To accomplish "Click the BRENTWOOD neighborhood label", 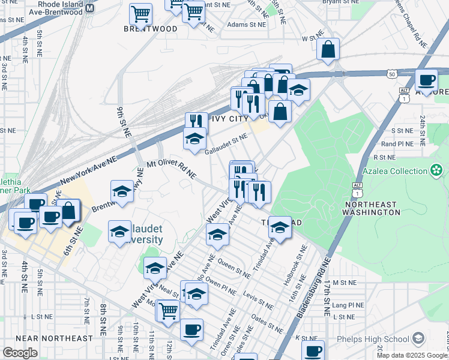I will (x=151, y=29).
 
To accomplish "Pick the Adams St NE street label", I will (x=246, y=25).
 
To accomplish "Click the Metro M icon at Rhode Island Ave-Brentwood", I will (x=89, y=8).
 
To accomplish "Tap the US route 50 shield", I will (x=391, y=74).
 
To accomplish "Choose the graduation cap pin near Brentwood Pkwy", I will (x=122, y=191).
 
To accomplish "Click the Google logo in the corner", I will (x=20, y=352).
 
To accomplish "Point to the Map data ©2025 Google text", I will (x=412, y=355).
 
